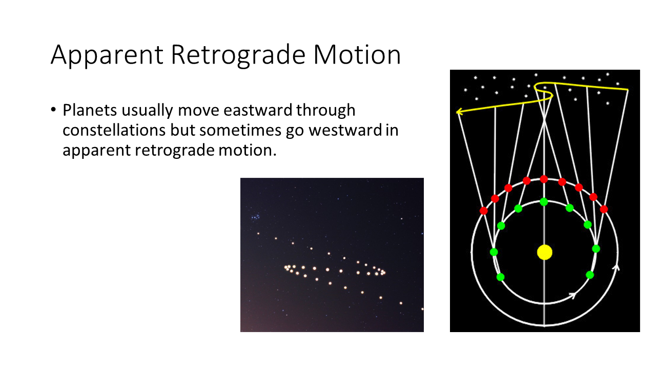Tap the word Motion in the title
[x=357, y=54]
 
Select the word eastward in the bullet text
[x=258, y=110]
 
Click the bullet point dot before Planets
[x=53, y=110]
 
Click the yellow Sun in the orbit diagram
[x=545, y=252]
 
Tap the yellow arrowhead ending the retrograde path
[x=460, y=112]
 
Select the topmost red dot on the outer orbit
[x=544, y=179]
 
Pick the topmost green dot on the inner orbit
[x=544, y=202]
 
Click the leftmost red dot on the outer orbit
[x=483, y=211]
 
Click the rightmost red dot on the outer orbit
[x=604, y=209]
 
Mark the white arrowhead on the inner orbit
[x=573, y=296]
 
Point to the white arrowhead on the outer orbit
[x=617, y=268]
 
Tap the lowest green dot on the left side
[x=501, y=277]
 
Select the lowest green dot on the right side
[x=590, y=275]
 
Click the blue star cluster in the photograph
[x=255, y=217]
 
